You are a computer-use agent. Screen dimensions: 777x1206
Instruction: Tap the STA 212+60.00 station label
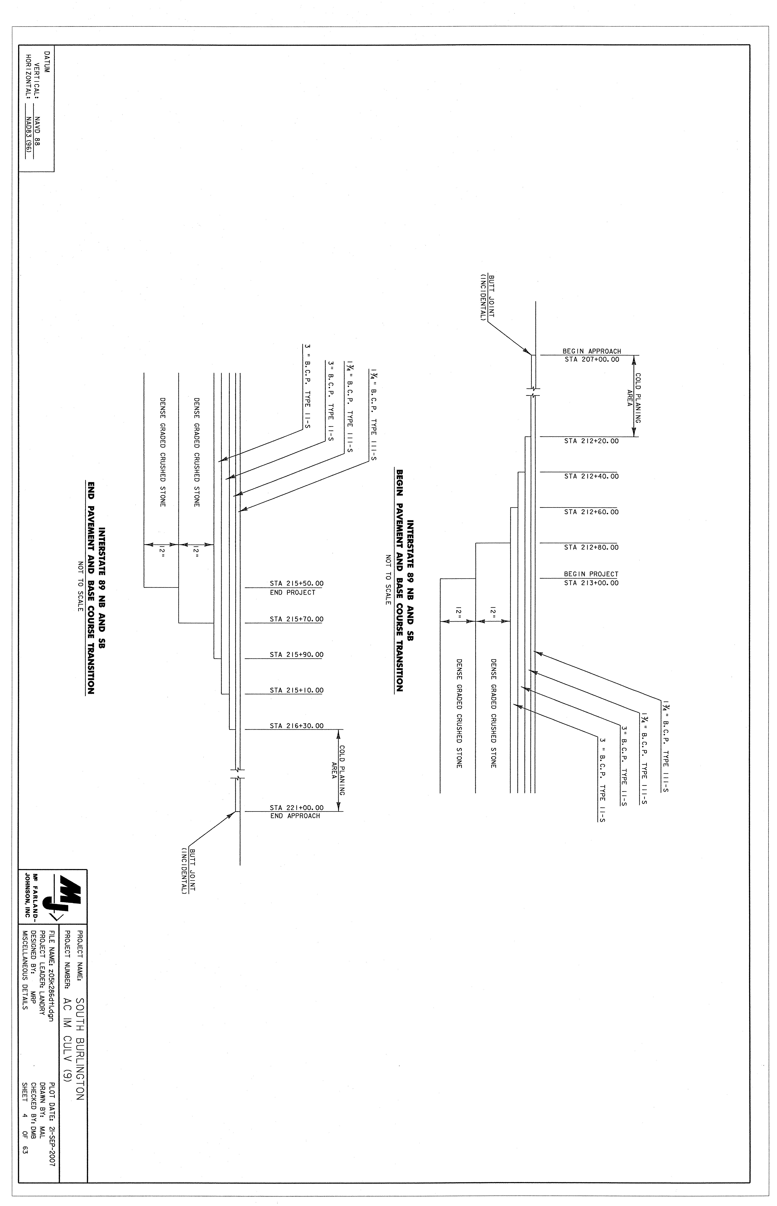coord(591,512)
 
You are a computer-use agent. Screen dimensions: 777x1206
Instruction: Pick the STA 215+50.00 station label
coord(297,584)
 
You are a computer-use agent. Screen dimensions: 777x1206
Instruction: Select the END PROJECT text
coord(293,593)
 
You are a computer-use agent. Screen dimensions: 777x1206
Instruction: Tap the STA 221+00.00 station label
coord(297,807)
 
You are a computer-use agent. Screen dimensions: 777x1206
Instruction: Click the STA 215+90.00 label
coord(297,655)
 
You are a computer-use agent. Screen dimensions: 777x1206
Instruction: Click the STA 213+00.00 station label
coord(591,583)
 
